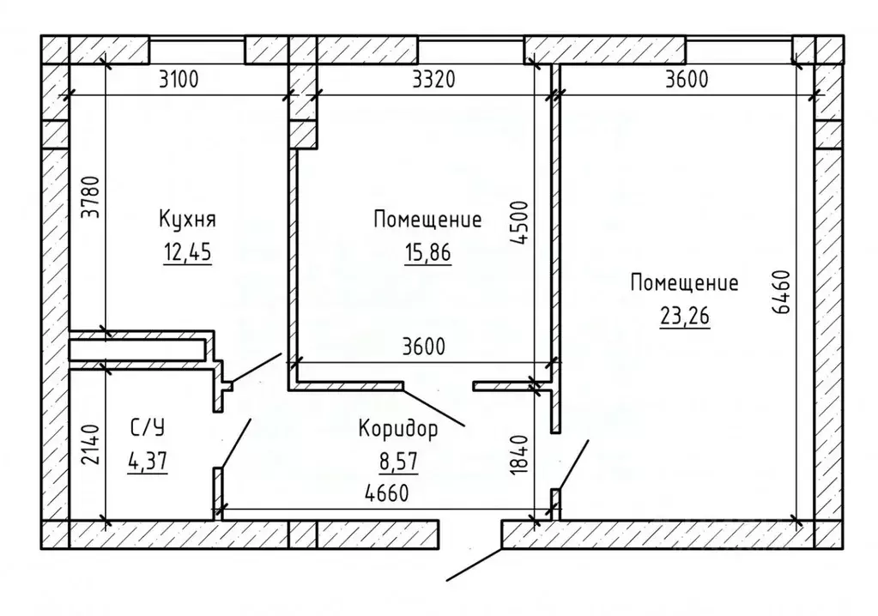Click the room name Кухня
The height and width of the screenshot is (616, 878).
pyautogui.click(x=186, y=220)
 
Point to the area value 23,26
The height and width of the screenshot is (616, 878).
pyautogui.click(x=684, y=315)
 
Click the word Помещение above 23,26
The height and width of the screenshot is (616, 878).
pyautogui.click(x=684, y=282)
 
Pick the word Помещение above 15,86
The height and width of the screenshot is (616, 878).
pyautogui.click(x=427, y=220)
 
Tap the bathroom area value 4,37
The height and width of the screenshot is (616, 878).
pyautogui.click(x=147, y=462)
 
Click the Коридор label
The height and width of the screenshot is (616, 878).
pyautogui.click(x=398, y=428)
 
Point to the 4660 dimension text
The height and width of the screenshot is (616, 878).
pyautogui.click(x=385, y=494)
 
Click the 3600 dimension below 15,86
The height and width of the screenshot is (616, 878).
pyautogui.click(x=424, y=347)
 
